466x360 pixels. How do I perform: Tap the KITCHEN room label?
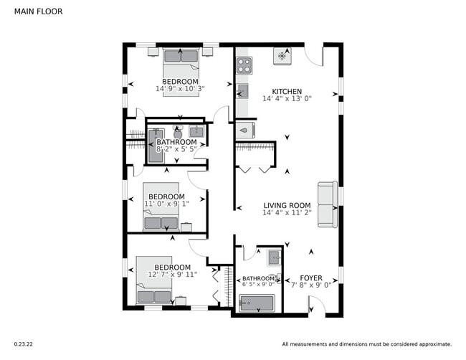tap(286, 92)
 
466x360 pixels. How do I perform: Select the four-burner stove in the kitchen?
tap(244, 65)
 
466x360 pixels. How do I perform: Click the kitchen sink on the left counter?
tap(242, 91)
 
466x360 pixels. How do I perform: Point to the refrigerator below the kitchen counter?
tap(244, 130)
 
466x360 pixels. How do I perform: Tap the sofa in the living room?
tap(328, 204)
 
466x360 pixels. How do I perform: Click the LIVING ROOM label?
tap(286, 205)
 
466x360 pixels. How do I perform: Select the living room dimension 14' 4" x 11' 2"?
tap(286, 213)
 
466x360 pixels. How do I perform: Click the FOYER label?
tap(310, 277)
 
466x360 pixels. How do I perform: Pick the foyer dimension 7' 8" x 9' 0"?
tap(310, 285)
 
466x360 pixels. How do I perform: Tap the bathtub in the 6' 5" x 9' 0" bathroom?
tap(257, 303)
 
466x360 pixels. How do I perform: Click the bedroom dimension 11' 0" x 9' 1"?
tap(166, 204)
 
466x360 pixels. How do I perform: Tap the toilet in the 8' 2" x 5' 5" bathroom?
tap(178, 133)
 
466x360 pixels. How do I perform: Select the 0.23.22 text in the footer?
tap(23, 344)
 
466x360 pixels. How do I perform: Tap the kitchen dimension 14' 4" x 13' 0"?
tap(286, 99)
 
